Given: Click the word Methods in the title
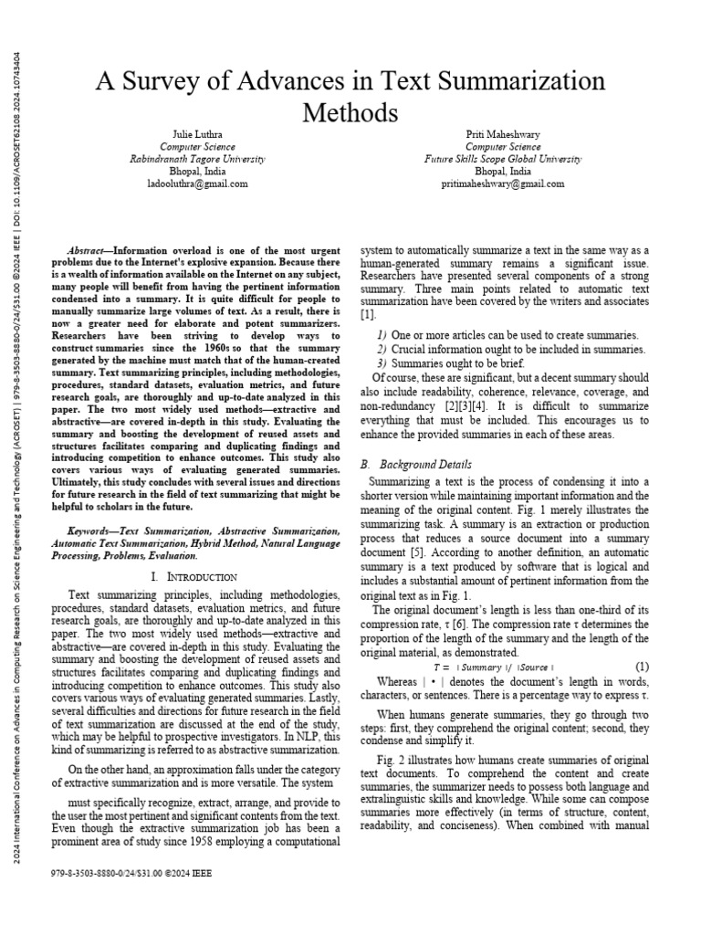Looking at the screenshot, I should tap(350, 112).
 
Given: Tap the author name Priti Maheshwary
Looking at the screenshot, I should tap(502, 133).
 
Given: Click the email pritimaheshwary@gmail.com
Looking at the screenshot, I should tap(502, 183).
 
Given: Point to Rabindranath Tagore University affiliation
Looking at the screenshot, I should tap(197, 158).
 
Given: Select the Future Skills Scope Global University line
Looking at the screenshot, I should tap(502, 158).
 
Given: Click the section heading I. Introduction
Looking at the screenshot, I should tap(195, 577).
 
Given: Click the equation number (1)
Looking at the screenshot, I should tap(642, 667).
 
